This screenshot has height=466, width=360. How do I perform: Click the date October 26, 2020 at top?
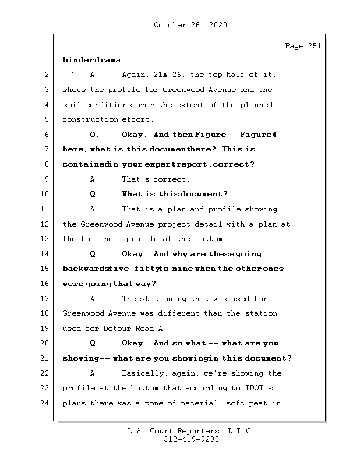190,25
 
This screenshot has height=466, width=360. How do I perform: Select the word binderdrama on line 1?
93,60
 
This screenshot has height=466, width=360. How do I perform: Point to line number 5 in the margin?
45,120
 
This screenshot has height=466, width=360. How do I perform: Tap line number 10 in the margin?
45,194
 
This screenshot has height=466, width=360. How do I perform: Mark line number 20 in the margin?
45,344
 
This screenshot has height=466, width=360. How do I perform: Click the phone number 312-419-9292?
190,440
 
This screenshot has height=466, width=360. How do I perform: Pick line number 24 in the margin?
45,403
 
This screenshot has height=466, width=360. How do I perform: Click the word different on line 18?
178,313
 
